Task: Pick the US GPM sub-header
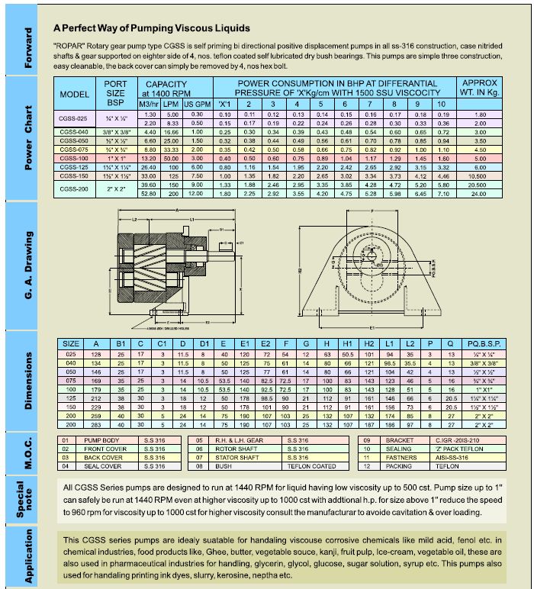coord(197,103)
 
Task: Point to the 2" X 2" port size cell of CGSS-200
coord(116,188)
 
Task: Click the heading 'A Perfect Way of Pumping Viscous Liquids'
coord(151,27)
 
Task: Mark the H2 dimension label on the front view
coord(300,269)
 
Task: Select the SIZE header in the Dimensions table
coord(71,343)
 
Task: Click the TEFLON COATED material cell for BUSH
coord(310,465)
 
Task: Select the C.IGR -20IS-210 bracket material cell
coord(457,440)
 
